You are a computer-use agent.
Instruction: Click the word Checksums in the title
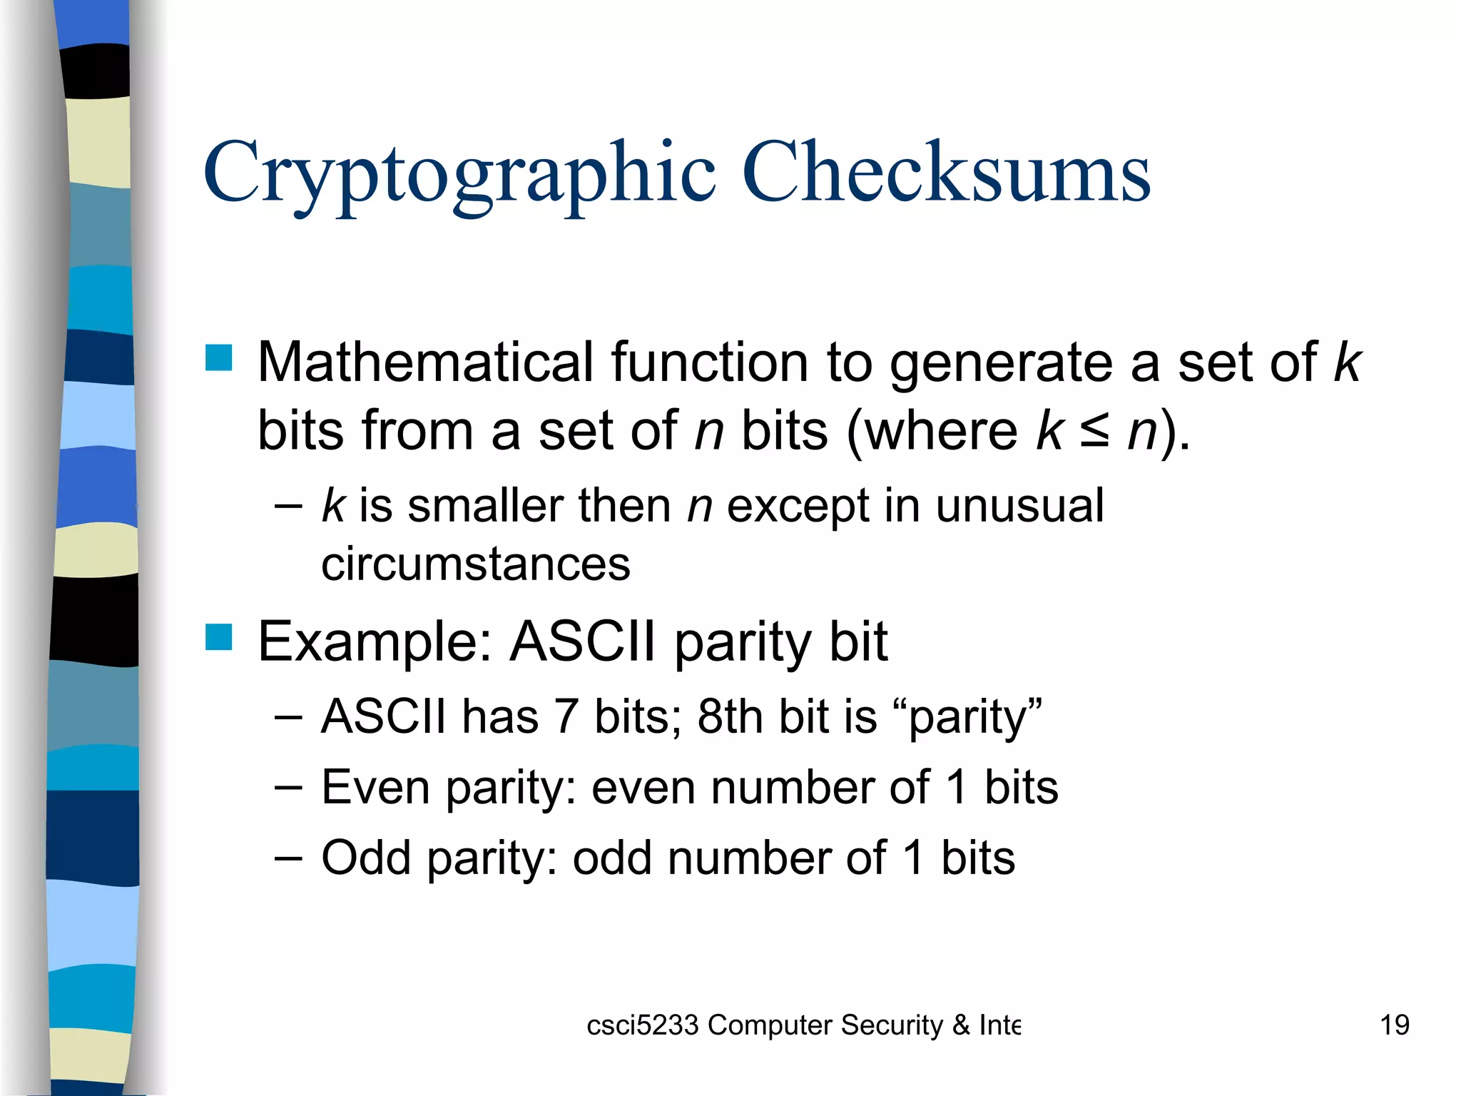(x=946, y=173)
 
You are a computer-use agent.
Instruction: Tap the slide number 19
(x=1394, y=1025)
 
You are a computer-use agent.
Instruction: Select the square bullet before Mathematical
(x=219, y=358)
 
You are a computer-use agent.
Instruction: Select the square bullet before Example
(x=219, y=637)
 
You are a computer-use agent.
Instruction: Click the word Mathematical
(x=425, y=362)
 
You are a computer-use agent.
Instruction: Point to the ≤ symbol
(x=1094, y=431)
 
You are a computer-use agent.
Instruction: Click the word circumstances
(x=476, y=564)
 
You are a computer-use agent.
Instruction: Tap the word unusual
(x=1019, y=505)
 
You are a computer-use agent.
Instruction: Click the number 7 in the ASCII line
(x=566, y=716)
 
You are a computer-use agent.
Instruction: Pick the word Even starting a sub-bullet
(x=375, y=788)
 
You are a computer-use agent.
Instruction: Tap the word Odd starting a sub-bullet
(x=366, y=858)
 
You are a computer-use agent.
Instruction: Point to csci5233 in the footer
(x=642, y=1025)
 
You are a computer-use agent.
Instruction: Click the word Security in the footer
(x=892, y=1025)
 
